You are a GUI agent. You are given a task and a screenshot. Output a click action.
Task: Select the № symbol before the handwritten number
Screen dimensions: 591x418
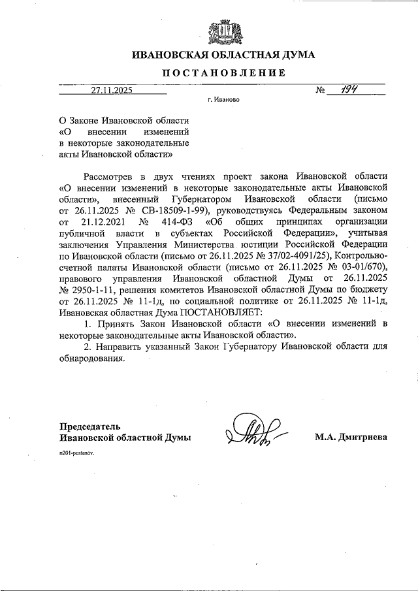click(x=321, y=91)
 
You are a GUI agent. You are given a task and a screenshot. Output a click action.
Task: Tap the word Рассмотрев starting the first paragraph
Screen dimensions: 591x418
click(x=110, y=176)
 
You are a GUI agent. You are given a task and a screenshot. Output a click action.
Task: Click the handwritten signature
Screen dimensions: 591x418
click(x=252, y=431)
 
